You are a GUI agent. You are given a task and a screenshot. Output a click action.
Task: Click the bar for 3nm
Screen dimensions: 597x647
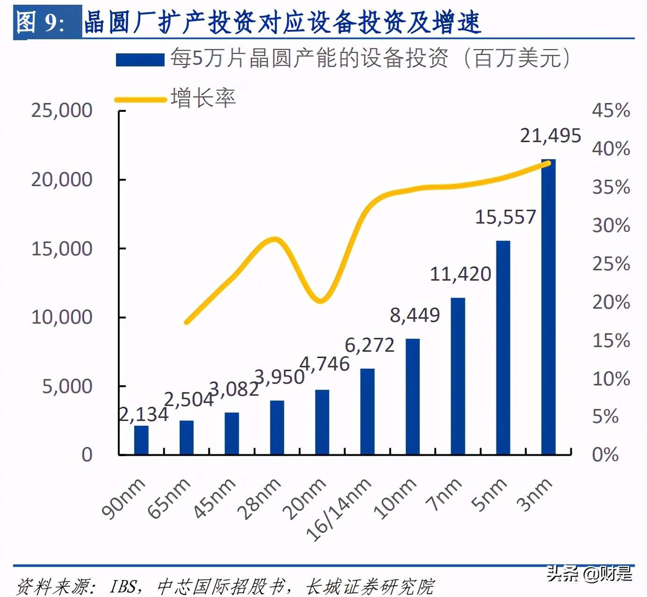548,307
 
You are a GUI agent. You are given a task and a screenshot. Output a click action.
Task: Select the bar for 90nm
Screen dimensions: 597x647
141,440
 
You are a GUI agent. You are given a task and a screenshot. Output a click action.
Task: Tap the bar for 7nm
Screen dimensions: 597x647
458,376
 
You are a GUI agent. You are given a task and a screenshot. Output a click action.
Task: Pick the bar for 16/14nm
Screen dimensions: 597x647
367,411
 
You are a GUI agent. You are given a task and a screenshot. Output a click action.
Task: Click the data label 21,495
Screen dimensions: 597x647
550,136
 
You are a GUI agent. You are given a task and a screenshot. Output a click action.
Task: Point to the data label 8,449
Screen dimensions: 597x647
415,315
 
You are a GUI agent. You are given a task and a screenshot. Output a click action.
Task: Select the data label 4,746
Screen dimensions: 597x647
324,364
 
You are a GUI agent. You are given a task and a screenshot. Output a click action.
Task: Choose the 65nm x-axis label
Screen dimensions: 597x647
169,499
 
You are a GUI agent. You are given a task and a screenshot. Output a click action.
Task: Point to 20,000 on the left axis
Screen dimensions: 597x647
62,180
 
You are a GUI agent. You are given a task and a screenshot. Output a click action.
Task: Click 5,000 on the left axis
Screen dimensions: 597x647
67,386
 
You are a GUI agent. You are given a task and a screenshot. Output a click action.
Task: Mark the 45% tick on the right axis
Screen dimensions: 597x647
611,111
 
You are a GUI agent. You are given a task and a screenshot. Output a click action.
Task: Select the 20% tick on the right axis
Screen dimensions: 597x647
611,302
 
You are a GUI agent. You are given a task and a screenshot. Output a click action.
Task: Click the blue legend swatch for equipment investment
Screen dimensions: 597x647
140,60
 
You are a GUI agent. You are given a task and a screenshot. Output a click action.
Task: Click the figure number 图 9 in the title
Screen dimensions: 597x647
41,22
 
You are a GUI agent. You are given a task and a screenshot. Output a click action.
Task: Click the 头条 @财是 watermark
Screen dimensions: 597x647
589,573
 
